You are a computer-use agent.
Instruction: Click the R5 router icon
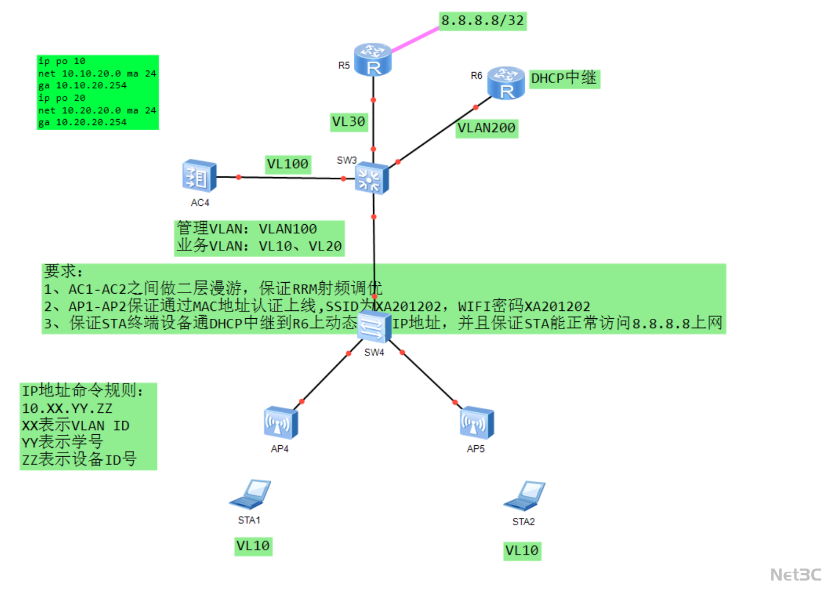click(373, 60)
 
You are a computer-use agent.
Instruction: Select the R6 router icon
click(505, 83)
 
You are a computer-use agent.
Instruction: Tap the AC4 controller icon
click(199, 176)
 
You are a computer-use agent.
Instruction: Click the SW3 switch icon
click(372, 178)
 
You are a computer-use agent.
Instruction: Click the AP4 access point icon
click(281, 423)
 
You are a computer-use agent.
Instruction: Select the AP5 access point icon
click(476, 423)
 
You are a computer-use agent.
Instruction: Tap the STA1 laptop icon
click(250, 494)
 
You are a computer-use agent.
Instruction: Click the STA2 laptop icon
click(524, 496)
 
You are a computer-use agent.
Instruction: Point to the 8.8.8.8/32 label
click(482, 21)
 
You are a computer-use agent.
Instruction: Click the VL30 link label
click(349, 122)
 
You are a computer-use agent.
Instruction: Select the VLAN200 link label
click(487, 128)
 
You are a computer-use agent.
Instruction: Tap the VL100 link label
click(287, 164)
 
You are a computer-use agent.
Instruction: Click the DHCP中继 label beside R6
click(564, 78)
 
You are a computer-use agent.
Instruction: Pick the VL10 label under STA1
click(253, 546)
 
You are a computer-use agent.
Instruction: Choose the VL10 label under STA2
click(522, 550)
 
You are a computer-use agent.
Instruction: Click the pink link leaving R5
click(415, 40)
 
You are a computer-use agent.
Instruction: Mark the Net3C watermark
click(795, 575)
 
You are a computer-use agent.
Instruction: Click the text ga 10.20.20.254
click(83, 122)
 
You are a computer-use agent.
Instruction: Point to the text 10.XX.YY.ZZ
click(67, 408)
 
